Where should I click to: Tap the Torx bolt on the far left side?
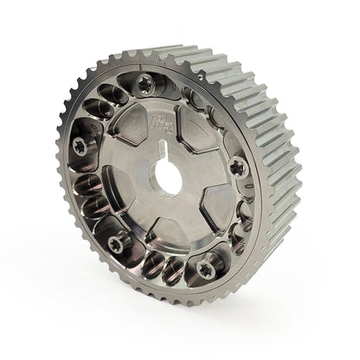(80, 145)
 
